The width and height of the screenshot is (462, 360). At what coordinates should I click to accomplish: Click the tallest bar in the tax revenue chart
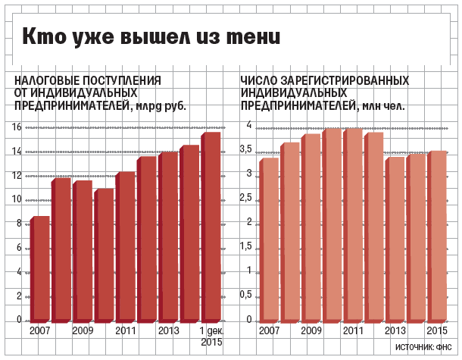point(210,227)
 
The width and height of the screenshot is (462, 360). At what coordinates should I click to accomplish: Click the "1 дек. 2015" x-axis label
point(211,337)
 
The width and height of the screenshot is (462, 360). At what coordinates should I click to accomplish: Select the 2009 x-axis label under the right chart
point(311,331)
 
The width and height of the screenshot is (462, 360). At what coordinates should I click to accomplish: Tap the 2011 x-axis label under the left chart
point(126,331)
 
